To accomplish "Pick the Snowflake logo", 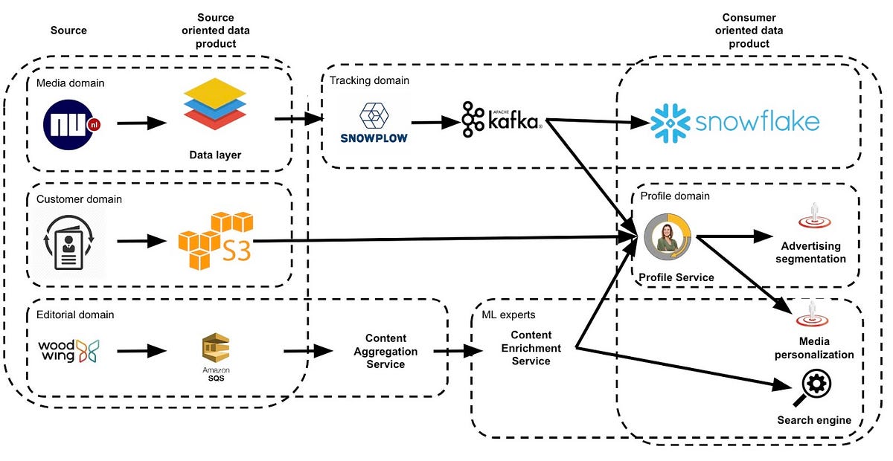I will coord(735,123).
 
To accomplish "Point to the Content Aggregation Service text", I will coord(385,351).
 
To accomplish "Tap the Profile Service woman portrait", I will coord(668,237).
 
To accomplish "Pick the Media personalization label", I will coord(814,349).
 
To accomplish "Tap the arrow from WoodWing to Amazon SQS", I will coord(141,350).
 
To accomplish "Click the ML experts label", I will coord(508,315).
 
